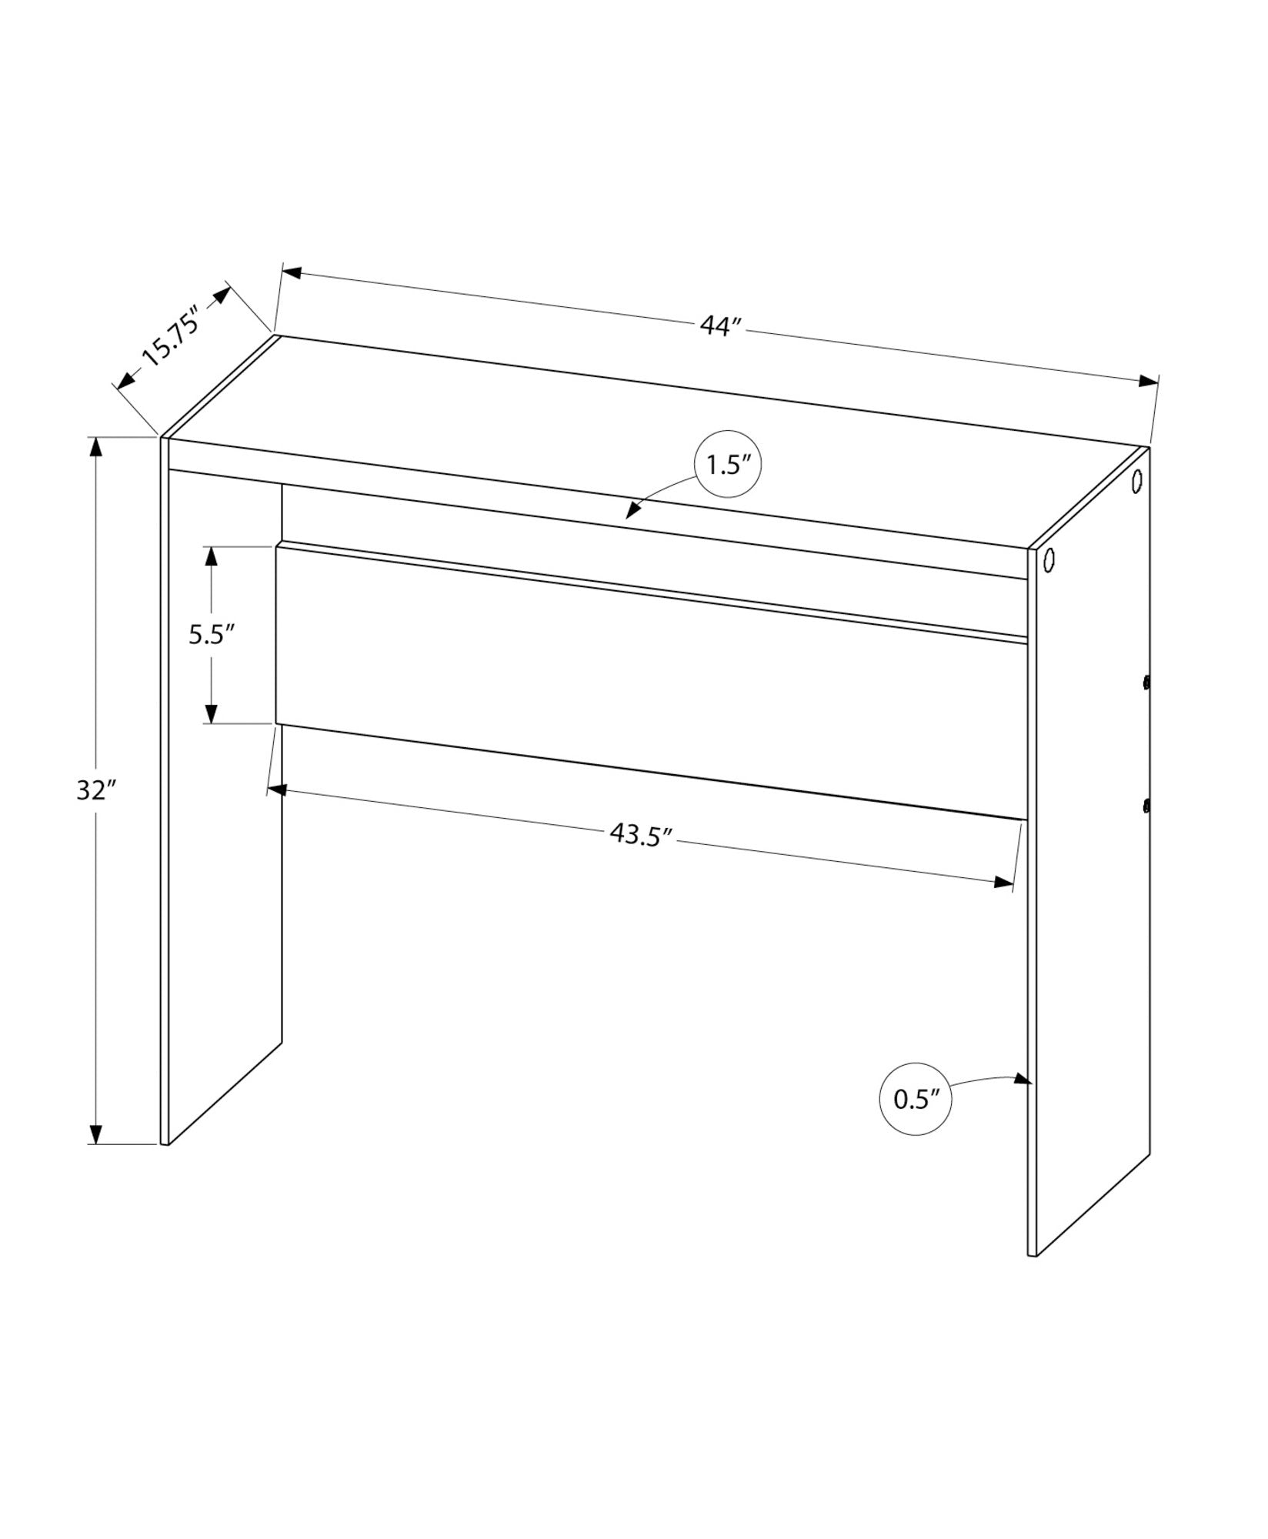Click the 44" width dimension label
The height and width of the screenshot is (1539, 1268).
tap(720, 326)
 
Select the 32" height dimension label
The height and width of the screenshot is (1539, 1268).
tap(95, 790)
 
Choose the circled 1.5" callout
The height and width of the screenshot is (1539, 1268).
tap(727, 465)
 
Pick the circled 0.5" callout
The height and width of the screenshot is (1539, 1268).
tap(913, 1099)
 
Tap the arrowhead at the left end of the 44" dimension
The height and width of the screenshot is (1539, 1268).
tap(292, 272)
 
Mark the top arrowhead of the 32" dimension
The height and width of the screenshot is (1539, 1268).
tap(95, 448)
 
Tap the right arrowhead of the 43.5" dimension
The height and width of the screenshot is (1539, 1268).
tap(1004, 882)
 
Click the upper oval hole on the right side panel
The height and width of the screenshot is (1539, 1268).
tap(1137, 482)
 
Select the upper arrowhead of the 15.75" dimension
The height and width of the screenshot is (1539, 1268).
tap(222, 295)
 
